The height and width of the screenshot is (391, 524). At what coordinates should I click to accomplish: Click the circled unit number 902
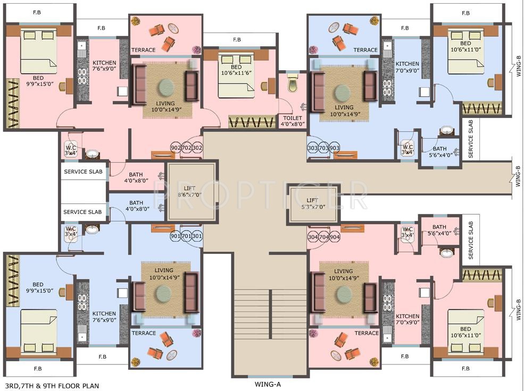pyautogui.click(x=176, y=148)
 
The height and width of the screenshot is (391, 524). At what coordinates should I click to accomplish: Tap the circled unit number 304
pyautogui.click(x=313, y=237)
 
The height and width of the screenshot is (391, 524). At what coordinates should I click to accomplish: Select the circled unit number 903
pyautogui.click(x=334, y=148)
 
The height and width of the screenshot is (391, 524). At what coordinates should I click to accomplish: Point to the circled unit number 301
pyautogui.click(x=197, y=236)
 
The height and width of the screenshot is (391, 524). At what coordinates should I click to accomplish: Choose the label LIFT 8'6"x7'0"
pyautogui.click(x=189, y=191)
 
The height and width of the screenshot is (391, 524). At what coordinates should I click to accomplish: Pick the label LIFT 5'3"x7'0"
pyautogui.click(x=312, y=203)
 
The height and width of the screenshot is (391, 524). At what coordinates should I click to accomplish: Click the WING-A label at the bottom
pyautogui.click(x=268, y=384)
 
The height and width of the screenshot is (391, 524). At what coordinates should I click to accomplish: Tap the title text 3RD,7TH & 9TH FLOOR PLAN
pyautogui.click(x=49, y=386)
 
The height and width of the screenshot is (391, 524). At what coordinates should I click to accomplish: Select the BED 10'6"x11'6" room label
pyautogui.click(x=236, y=70)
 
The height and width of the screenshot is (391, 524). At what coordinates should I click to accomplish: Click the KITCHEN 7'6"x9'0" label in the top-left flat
pyautogui.click(x=104, y=66)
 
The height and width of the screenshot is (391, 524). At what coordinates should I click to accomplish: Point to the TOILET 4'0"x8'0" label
pyautogui.click(x=293, y=121)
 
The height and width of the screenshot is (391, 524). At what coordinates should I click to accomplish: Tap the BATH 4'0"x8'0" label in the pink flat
pyautogui.click(x=136, y=177)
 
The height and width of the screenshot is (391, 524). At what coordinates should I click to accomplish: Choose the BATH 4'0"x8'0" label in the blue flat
pyautogui.click(x=136, y=206)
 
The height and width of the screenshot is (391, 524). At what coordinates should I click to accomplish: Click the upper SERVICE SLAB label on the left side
pyautogui.click(x=83, y=172)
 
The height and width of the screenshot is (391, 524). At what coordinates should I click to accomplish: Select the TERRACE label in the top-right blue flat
pyautogui.click(x=365, y=50)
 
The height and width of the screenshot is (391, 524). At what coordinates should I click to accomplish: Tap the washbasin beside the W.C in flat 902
pyautogui.click(x=92, y=154)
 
